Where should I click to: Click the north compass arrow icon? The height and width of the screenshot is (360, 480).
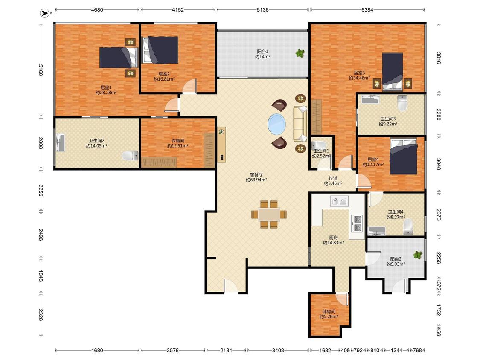pos(45,13)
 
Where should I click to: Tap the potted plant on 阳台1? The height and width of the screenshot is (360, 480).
pos(300,53)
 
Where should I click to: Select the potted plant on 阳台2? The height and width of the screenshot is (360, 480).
pos(418,255)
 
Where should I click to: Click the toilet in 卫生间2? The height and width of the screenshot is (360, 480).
pos(131,156)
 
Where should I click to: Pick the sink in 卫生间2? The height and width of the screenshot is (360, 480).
pos(60,142)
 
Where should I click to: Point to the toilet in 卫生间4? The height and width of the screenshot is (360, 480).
pos(408,227)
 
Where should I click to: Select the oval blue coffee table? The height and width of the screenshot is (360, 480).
pos(277,124)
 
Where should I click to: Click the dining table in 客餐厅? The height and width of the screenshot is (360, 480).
pos(269,214)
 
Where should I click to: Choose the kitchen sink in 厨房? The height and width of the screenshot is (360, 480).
pos(339,201)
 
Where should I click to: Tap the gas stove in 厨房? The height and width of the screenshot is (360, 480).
pos(357,224)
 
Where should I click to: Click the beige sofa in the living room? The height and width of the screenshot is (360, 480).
pos(300,124)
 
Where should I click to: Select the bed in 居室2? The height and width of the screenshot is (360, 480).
pos(161,50)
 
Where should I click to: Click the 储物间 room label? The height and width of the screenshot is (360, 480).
pos(329,311)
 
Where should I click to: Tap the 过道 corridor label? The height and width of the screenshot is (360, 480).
pos(333,178)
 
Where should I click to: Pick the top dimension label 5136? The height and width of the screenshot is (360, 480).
pos(263,10)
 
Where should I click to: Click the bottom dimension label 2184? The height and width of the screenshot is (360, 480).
pos(226,351)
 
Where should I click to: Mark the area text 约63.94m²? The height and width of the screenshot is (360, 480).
pos(256,180)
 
